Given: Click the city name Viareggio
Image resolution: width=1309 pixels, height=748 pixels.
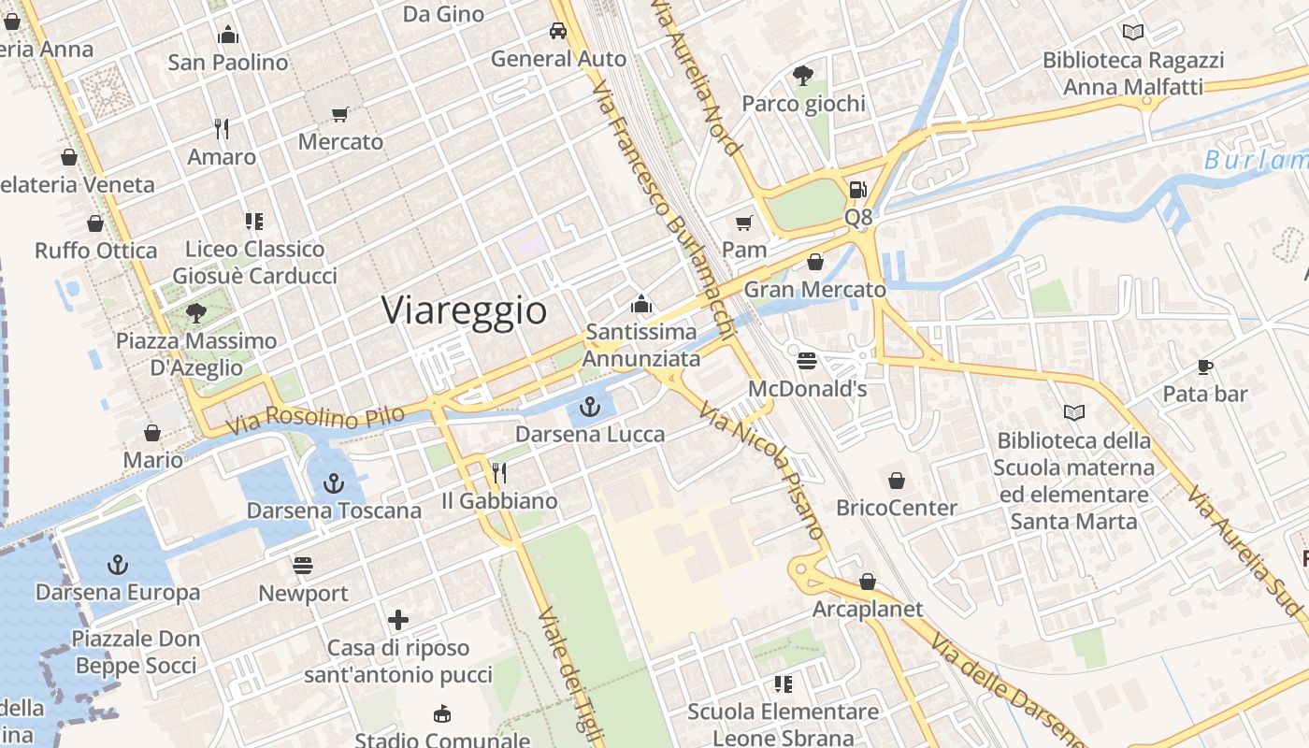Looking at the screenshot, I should coord(464,310).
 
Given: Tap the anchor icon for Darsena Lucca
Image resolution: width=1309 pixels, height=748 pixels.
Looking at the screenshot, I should coord(589,407).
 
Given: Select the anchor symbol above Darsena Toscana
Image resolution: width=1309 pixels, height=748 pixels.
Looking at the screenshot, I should coord(333,483).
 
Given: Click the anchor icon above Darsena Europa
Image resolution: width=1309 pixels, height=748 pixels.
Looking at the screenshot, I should coord(118,565).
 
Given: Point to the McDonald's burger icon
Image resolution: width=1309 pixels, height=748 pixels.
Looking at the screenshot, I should coord(808,361).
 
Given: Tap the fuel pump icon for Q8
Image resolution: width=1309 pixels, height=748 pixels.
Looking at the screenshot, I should coord(857,190).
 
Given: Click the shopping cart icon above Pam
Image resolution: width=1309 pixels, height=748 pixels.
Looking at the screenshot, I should coord(744,223).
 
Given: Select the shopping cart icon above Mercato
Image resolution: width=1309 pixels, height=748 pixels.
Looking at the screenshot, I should coord(340,114).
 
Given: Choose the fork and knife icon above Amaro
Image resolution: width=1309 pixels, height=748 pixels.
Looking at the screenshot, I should coord(222,129).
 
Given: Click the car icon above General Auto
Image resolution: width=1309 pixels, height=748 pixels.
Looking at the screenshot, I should coord(558,31).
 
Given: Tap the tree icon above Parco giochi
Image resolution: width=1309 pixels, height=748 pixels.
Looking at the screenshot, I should coord(803,75).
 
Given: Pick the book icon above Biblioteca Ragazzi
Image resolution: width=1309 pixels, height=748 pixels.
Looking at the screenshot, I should coord(1133,33).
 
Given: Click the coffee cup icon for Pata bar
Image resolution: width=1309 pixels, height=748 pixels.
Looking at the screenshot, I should coord(1205,367).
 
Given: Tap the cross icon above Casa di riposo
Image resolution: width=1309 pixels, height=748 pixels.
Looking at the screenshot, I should coord(398,620).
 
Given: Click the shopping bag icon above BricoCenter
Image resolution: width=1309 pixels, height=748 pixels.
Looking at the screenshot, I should coord(897,481).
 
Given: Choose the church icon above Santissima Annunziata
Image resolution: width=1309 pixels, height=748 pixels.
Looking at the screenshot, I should coord(640,304).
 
